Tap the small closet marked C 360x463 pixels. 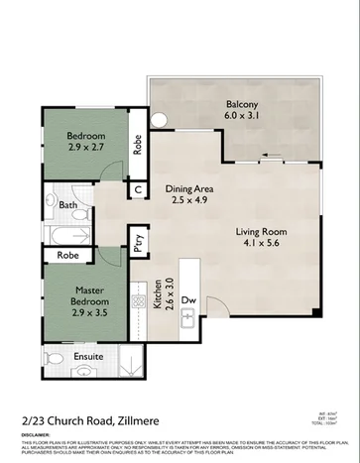138,188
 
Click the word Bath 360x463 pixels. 67,206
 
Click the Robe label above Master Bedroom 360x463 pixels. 67,255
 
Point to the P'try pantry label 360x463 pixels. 138,244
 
